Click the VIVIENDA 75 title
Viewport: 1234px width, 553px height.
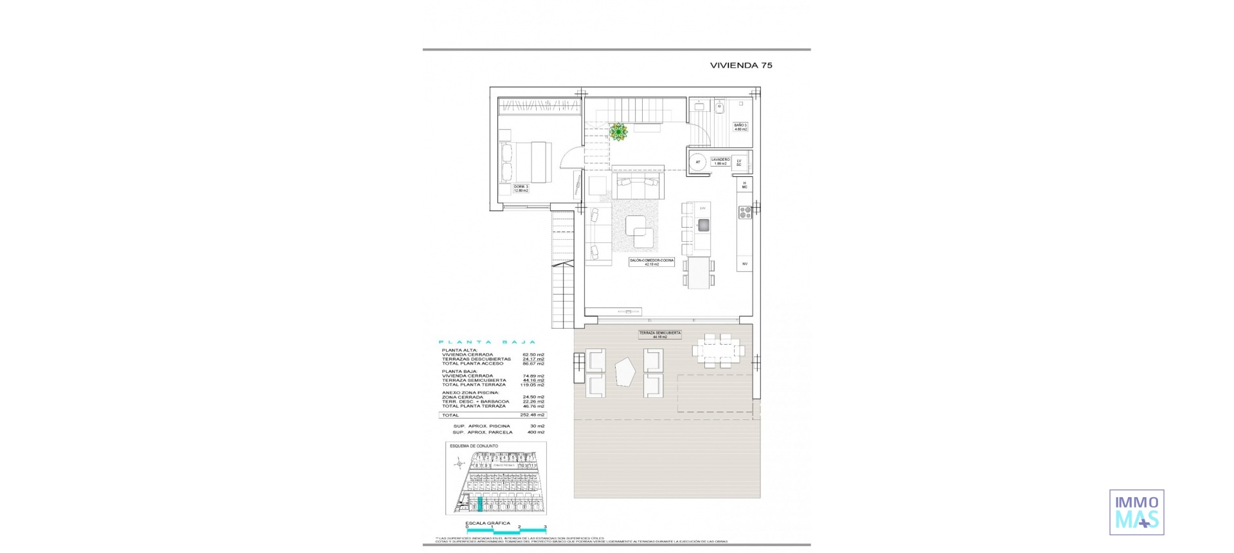click(741, 65)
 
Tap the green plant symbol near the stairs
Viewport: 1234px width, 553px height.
click(618, 132)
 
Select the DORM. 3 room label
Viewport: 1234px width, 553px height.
click(521, 188)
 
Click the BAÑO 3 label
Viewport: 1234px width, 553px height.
click(740, 127)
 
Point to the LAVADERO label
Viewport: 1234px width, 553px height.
click(720, 161)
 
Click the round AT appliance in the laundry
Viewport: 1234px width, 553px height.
click(697, 162)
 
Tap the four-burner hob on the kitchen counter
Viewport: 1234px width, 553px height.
click(745, 212)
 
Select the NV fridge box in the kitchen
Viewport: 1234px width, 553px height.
click(745, 264)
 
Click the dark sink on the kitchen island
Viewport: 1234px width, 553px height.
click(703, 224)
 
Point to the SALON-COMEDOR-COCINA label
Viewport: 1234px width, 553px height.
click(652, 262)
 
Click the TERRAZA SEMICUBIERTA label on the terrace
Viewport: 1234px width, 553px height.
click(659, 334)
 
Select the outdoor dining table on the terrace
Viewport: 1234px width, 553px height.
click(719, 350)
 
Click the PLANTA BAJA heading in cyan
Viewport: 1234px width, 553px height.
click(487, 342)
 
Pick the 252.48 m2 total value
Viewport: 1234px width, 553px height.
click(532, 415)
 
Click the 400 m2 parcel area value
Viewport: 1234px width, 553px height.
click(535, 432)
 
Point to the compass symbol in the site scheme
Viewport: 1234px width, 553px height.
click(458, 463)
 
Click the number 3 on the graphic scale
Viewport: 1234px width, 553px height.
click(544, 527)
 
